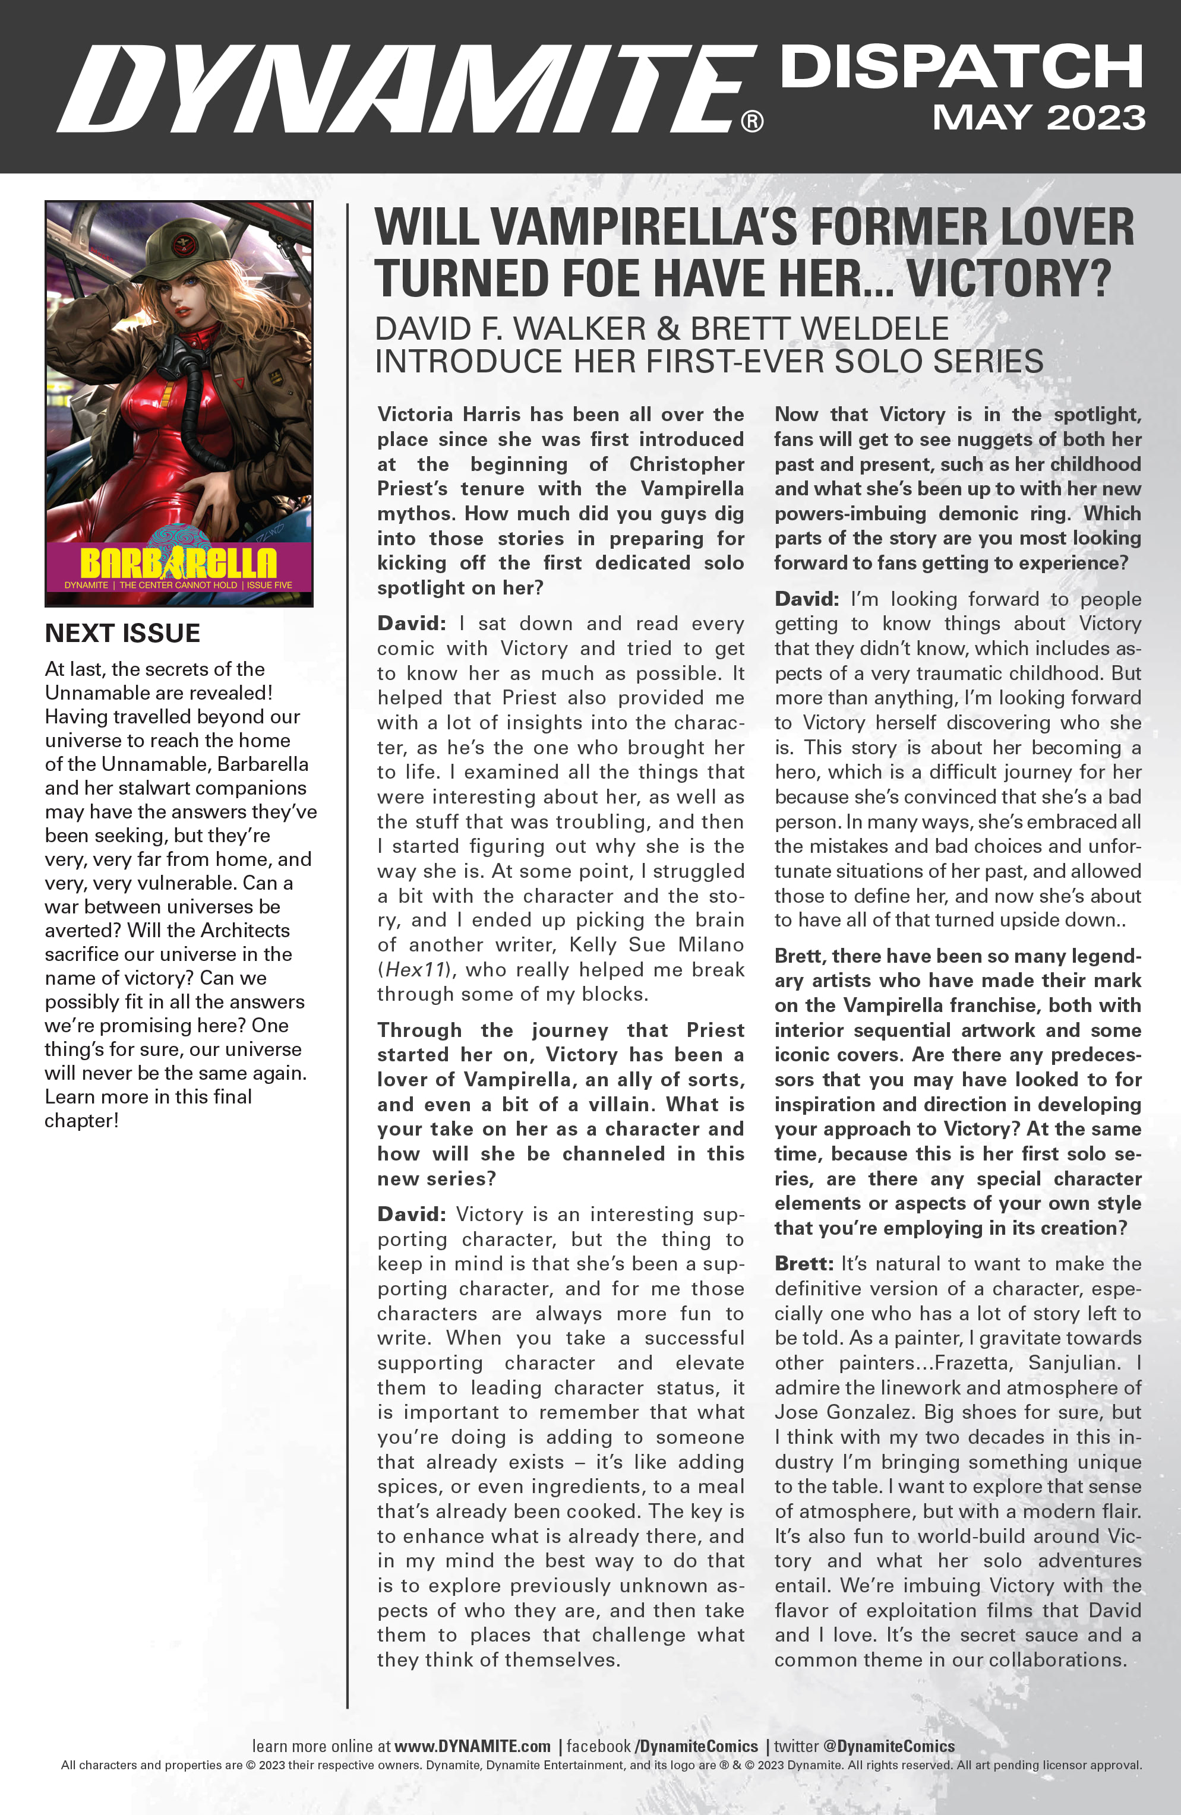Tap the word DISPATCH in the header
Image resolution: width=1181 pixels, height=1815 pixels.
(x=961, y=67)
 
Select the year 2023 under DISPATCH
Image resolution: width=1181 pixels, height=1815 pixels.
(x=1095, y=118)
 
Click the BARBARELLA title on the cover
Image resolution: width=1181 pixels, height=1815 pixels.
(x=179, y=563)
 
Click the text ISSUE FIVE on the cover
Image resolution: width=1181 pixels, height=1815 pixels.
(x=269, y=585)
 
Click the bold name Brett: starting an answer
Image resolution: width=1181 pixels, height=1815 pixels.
(x=804, y=1264)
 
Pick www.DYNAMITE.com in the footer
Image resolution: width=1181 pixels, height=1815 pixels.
(x=472, y=1746)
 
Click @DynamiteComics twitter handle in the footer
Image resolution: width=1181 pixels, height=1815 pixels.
(x=889, y=1746)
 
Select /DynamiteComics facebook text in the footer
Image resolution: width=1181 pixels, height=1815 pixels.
(x=697, y=1746)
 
